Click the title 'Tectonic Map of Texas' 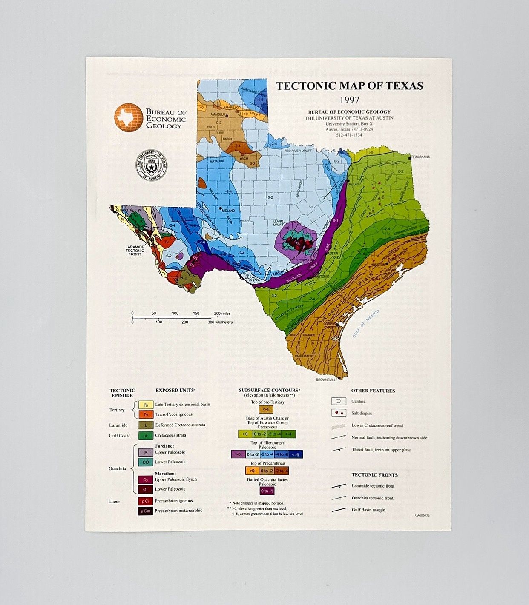pyautogui.click(x=349, y=86)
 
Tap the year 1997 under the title pyautogui.click(x=349, y=100)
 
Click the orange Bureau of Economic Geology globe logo pyautogui.click(x=128, y=117)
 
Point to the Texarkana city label pyautogui.click(x=421, y=157)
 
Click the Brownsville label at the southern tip pyautogui.click(x=327, y=380)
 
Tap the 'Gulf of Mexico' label pyautogui.click(x=365, y=324)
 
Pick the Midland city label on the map pyautogui.click(x=228, y=211)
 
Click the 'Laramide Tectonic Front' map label pyautogui.click(x=135, y=250)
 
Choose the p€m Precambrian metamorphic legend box pyautogui.click(x=145, y=511)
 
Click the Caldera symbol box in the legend pyautogui.click(x=339, y=401)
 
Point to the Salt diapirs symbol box pyautogui.click(x=339, y=413)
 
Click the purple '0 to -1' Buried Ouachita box pyautogui.click(x=267, y=491)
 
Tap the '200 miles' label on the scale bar pyautogui.click(x=222, y=314)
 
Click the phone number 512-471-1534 pyautogui.click(x=349, y=135)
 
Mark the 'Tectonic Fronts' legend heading pyautogui.click(x=374, y=475)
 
